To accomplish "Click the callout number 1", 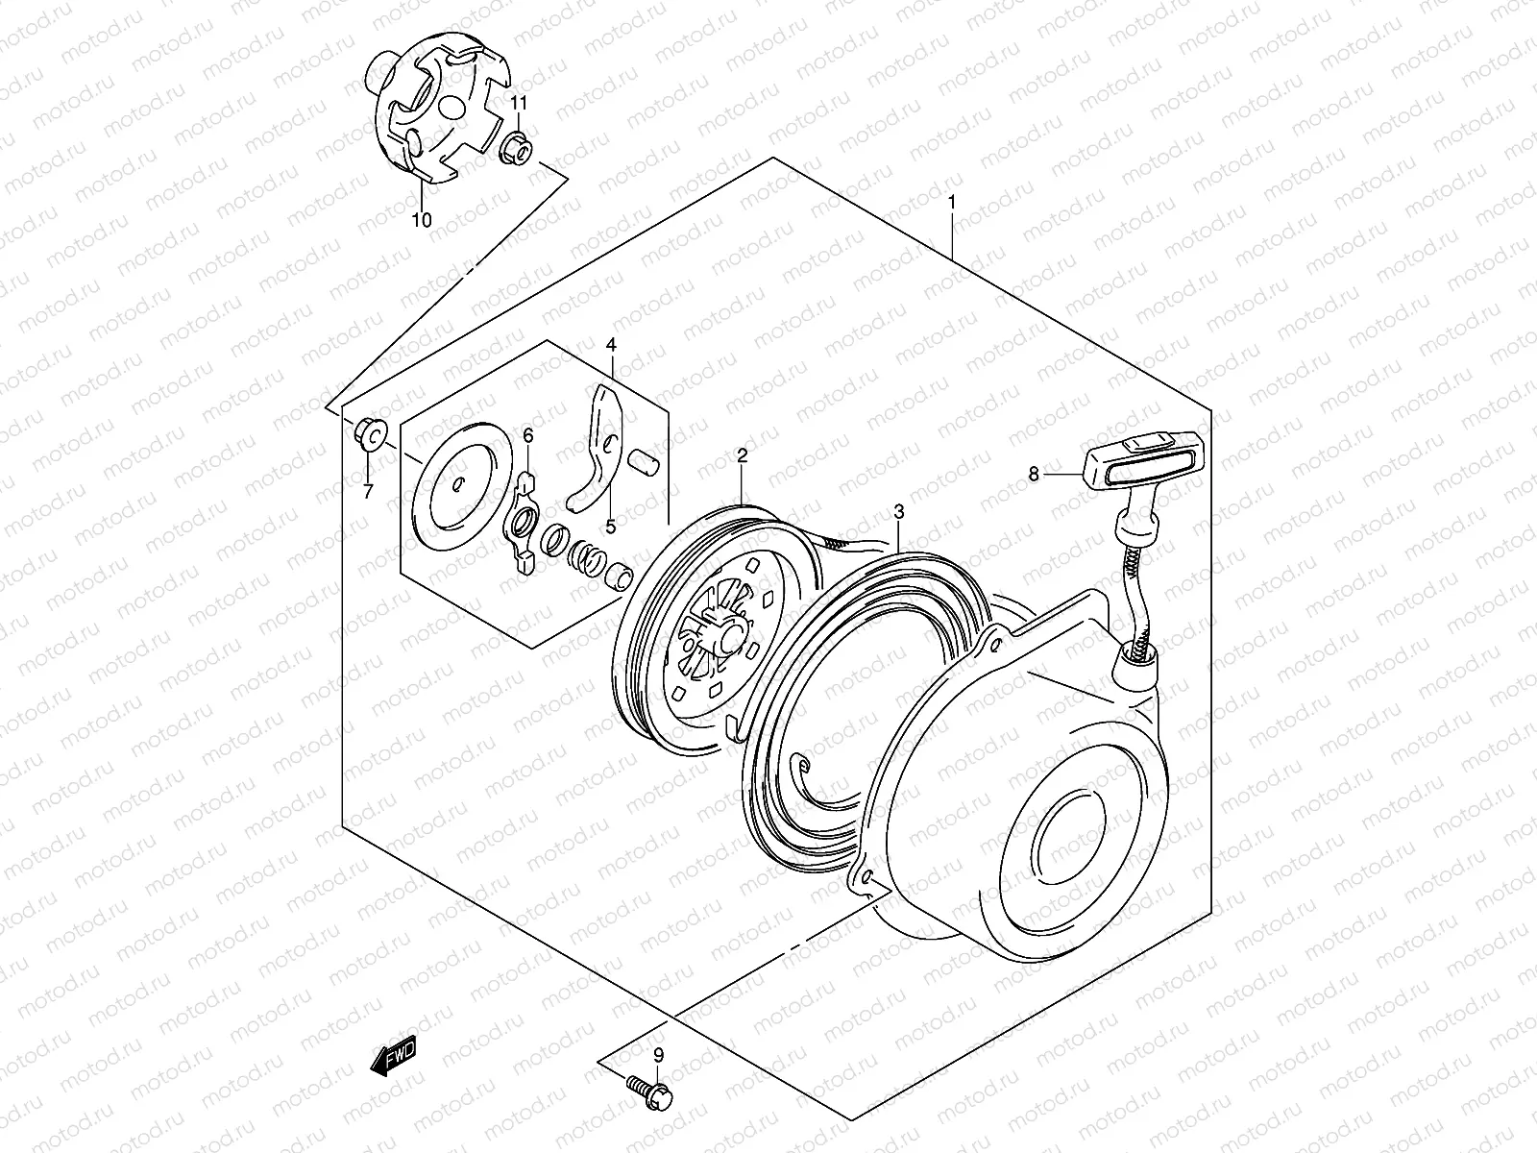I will (x=951, y=202).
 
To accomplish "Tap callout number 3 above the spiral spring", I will (x=898, y=512).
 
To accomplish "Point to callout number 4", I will (x=611, y=344).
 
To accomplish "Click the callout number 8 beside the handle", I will (x=1034, y=473).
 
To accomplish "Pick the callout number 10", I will (x=422, y=220).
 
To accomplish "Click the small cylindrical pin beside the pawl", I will (x=644, y=461).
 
